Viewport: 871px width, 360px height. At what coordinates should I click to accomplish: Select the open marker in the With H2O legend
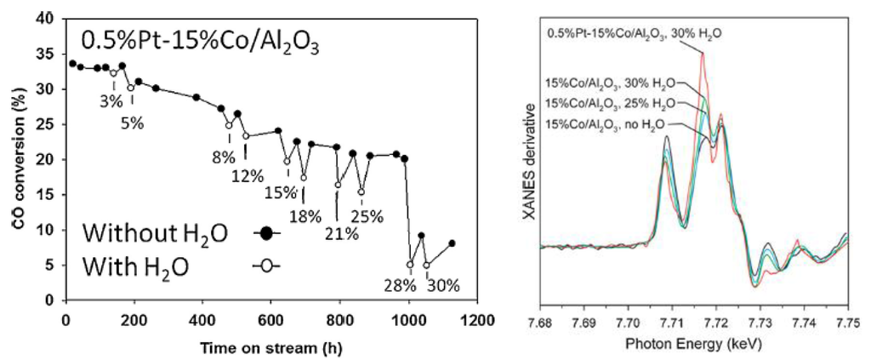coord(266,265)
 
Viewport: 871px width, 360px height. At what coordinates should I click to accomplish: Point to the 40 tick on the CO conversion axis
coord(48,18)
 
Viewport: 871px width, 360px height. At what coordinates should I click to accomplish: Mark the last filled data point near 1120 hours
coord(452,243)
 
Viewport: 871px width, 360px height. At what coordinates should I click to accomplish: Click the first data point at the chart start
coord(72,63)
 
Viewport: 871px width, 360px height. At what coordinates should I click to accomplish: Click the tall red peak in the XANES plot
coord(703,54)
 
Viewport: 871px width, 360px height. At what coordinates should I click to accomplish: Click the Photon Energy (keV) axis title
coord(694,346)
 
